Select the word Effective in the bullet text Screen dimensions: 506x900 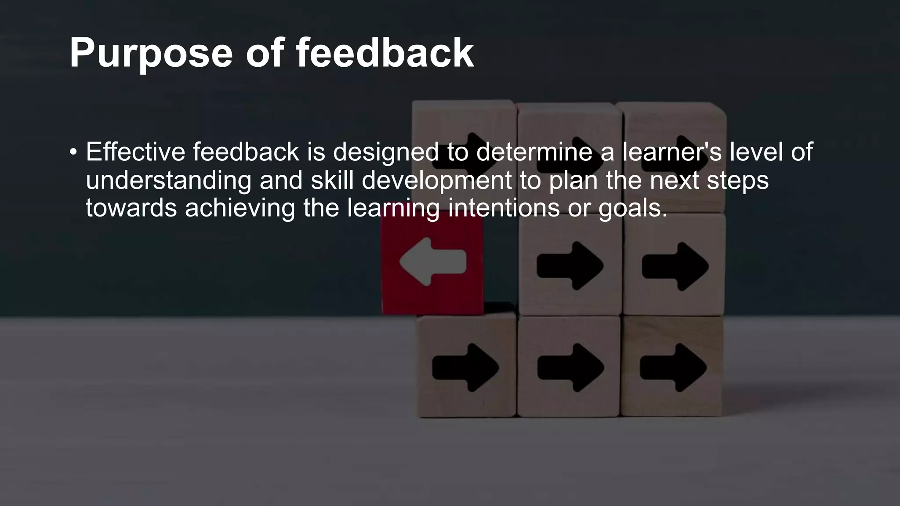pos(135,152)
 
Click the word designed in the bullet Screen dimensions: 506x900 pos(385,153)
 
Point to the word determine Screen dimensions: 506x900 pos(534,152)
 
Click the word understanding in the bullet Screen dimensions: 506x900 pos(168,181)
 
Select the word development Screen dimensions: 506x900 pos(437,181)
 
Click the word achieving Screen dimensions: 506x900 pos(240,208)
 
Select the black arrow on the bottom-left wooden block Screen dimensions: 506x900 pos(465,368)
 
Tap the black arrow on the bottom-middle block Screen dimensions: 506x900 pos(570,368)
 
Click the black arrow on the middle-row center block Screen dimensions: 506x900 pos(570,266)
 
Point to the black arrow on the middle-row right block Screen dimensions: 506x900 pos(675,266)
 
